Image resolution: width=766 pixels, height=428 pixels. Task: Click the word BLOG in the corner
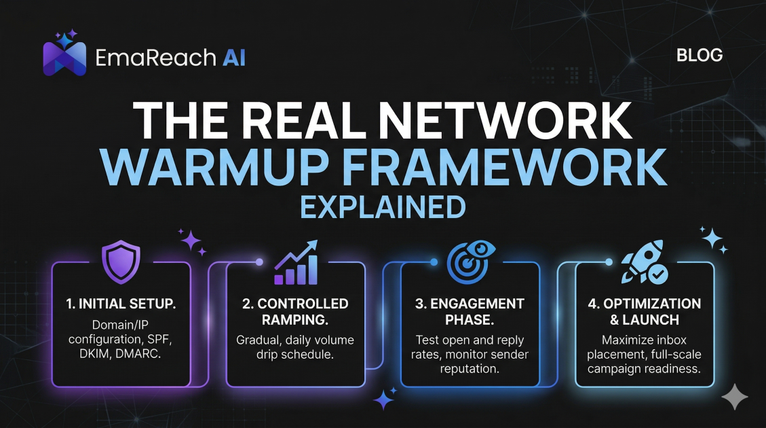click(700, 55)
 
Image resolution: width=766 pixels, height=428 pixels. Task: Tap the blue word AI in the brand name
click(233, 58)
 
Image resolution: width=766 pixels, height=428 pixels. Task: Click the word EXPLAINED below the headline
click(383, 207)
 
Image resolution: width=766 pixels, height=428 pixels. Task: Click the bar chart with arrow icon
click(295, 263)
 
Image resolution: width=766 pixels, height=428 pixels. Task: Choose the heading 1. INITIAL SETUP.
click(121, 304)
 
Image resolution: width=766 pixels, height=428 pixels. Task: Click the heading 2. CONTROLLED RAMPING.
click(295, 312)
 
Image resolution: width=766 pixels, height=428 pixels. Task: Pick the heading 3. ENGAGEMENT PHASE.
click(470, 312)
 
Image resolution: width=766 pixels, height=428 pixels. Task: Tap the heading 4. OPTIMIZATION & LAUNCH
click(645, 312)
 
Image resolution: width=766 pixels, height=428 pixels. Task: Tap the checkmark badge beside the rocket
click(657, 274)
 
